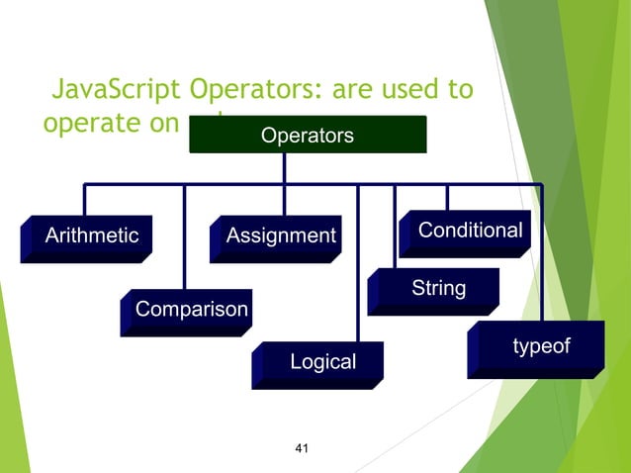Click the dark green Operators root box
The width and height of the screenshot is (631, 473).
pos(307,136)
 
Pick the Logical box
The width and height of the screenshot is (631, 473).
pos(321,362)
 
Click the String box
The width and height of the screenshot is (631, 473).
pos(437,289)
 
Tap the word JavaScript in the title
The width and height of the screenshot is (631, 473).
pos(115,91)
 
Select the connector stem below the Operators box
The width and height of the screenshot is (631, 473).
pos(284,168)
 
